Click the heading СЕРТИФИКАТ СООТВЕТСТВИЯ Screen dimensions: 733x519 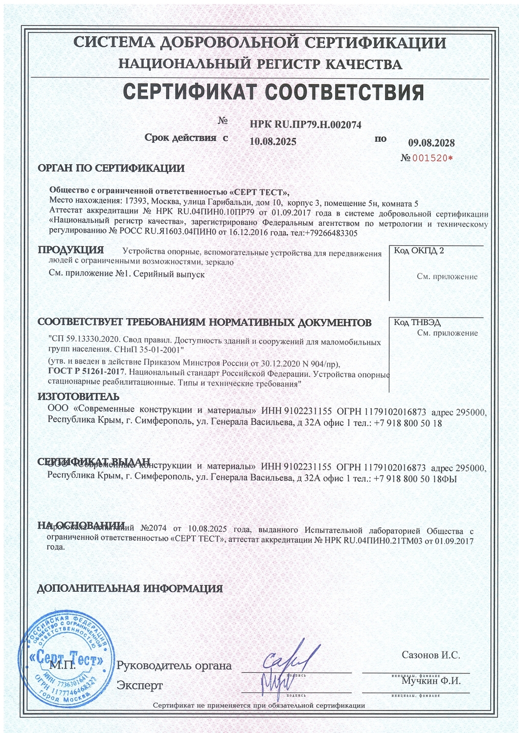tap(273, 92)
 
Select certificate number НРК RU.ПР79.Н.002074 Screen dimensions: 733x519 tap(305, 125)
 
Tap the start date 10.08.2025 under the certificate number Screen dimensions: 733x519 tap(272, 142)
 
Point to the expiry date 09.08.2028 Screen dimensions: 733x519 tap(431, 143)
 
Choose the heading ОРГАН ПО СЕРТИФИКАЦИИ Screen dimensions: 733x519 tap(111, 169)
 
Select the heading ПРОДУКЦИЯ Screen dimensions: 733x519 tap(71, 250)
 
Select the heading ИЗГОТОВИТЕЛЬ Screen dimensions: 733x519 tap(78, 397)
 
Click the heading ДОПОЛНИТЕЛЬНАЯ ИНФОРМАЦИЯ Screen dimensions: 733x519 tap(130, 588)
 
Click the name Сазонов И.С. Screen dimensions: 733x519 tap(430, 655)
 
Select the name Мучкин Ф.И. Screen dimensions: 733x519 tap(431, 680)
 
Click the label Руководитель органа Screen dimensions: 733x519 tap(174, 666)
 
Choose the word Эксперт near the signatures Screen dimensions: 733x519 tap(139, 686)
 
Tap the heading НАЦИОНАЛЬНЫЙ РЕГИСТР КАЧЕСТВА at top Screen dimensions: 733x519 tap(260, 64)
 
